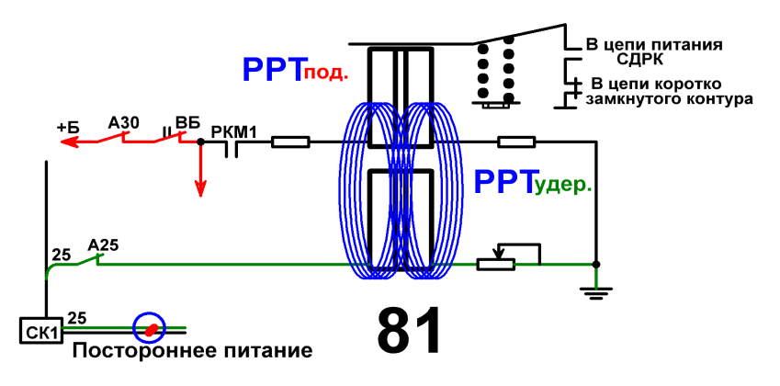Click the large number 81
[409, 329]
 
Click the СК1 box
[41, 330]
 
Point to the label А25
[103, 244]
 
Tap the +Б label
[68, 128]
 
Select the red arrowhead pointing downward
[200, 187]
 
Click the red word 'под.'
[325, 74]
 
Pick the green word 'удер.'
[563, 187]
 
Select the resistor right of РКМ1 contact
[290, 142]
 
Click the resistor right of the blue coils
[517, 142]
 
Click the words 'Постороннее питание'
[193, 351]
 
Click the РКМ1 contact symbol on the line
[231, 148]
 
